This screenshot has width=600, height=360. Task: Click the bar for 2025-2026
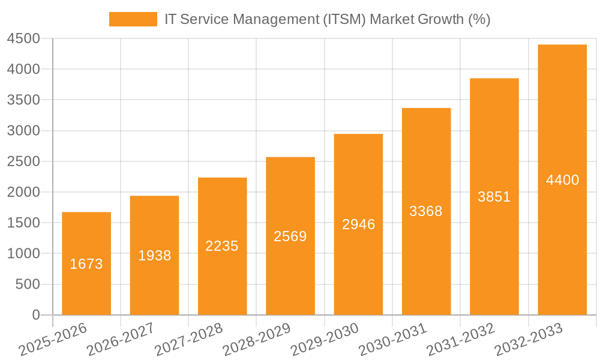click(86, 264)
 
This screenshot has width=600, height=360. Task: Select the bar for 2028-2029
click(290, 236)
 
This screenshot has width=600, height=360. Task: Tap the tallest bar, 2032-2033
click(562, 180)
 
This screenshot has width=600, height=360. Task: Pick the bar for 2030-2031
click(426, 211)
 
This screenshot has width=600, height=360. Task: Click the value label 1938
click(155, 256)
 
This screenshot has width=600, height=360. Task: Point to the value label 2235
click(222, 246)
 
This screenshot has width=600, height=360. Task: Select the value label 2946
click(358, 224)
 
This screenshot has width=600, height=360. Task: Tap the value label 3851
click(494, 197)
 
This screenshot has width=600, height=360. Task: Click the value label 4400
click(562, 180)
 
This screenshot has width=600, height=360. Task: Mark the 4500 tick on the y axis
click(23, 39)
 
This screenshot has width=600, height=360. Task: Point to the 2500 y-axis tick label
click(23, 161)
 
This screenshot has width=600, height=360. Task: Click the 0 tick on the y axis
click(35, 315)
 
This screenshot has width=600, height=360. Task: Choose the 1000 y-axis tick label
click(23, 254)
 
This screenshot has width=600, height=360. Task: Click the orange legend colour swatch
click(133, 19)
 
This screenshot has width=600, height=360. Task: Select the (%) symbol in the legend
click(479, 19)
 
